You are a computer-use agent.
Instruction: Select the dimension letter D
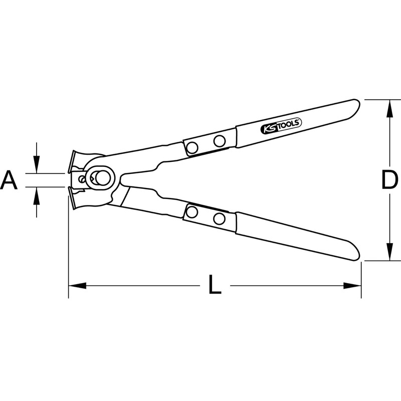(389, 180)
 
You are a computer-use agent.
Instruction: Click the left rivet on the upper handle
(192, 147)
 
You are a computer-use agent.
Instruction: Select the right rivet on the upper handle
(219, 141)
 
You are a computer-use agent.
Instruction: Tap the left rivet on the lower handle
(191, 212)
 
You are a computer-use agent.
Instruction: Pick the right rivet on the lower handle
(218, 219)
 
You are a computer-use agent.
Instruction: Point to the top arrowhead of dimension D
(389, 106)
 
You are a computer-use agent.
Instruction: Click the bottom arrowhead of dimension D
(389, 254)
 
